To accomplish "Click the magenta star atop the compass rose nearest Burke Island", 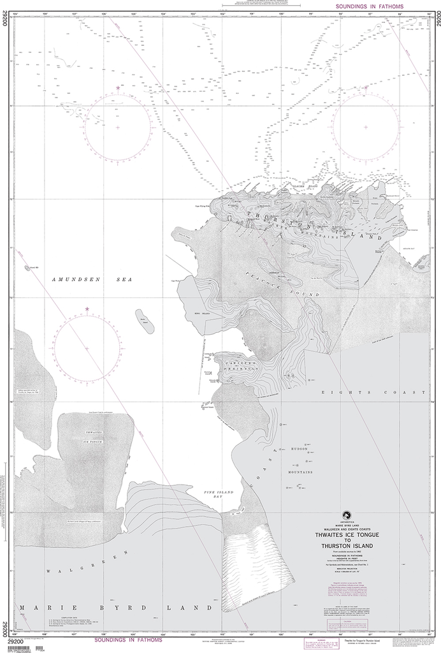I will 87,310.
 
